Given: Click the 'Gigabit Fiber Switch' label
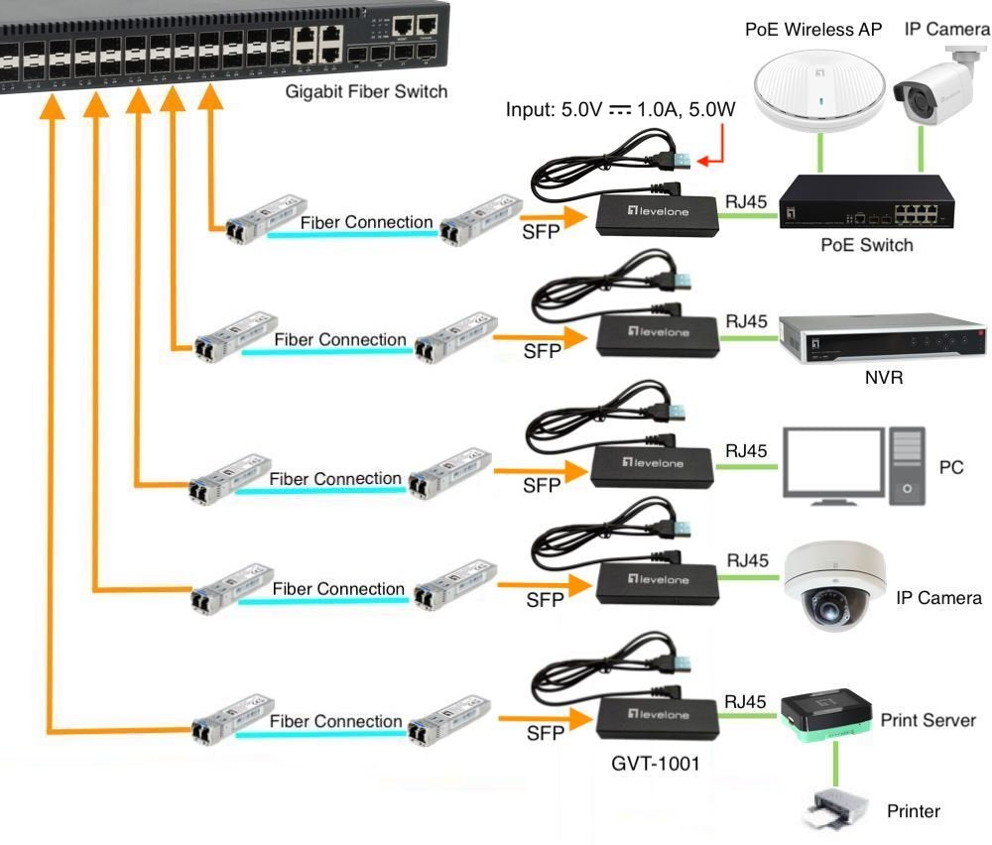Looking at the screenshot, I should click(x=366, y=92).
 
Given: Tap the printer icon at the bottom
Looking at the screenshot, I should click(x=835, y=807).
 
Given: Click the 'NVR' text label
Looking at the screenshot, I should click(x=883, y=377).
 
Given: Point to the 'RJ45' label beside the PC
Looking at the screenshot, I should click(x=746, y=451).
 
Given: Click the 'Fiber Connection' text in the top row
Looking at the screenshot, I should click(x=367, y=222).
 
